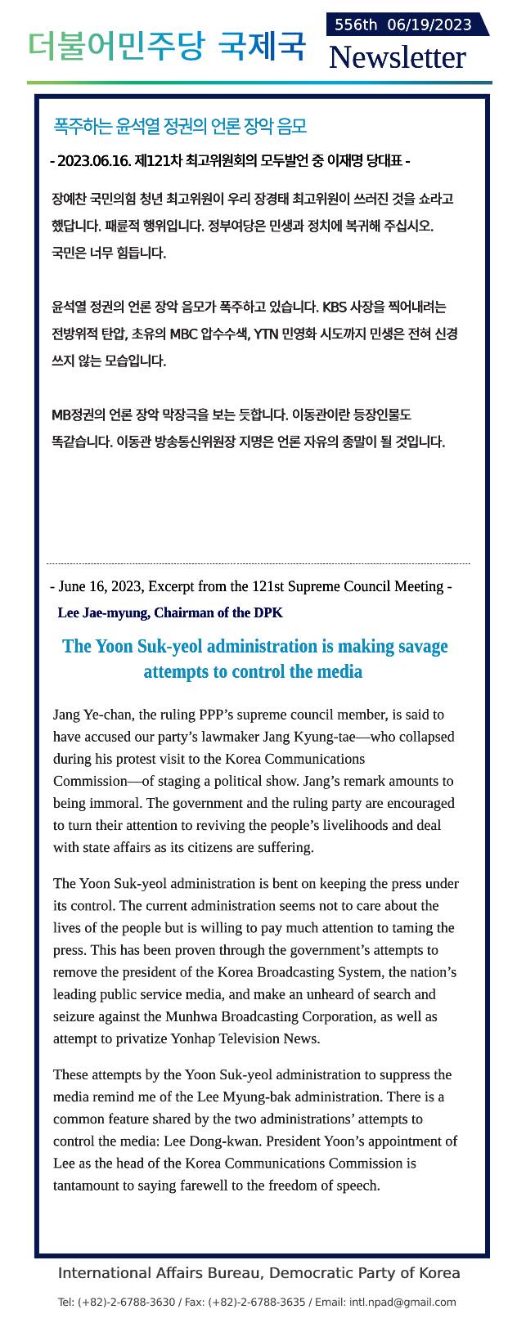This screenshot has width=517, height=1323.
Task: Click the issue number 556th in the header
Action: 355,25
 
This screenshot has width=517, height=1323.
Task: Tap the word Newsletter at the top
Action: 397,57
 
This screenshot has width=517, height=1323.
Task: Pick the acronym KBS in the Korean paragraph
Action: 335,307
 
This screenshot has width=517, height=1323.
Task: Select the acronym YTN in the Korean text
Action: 267,334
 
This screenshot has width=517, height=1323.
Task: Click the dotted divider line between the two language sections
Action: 258,563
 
